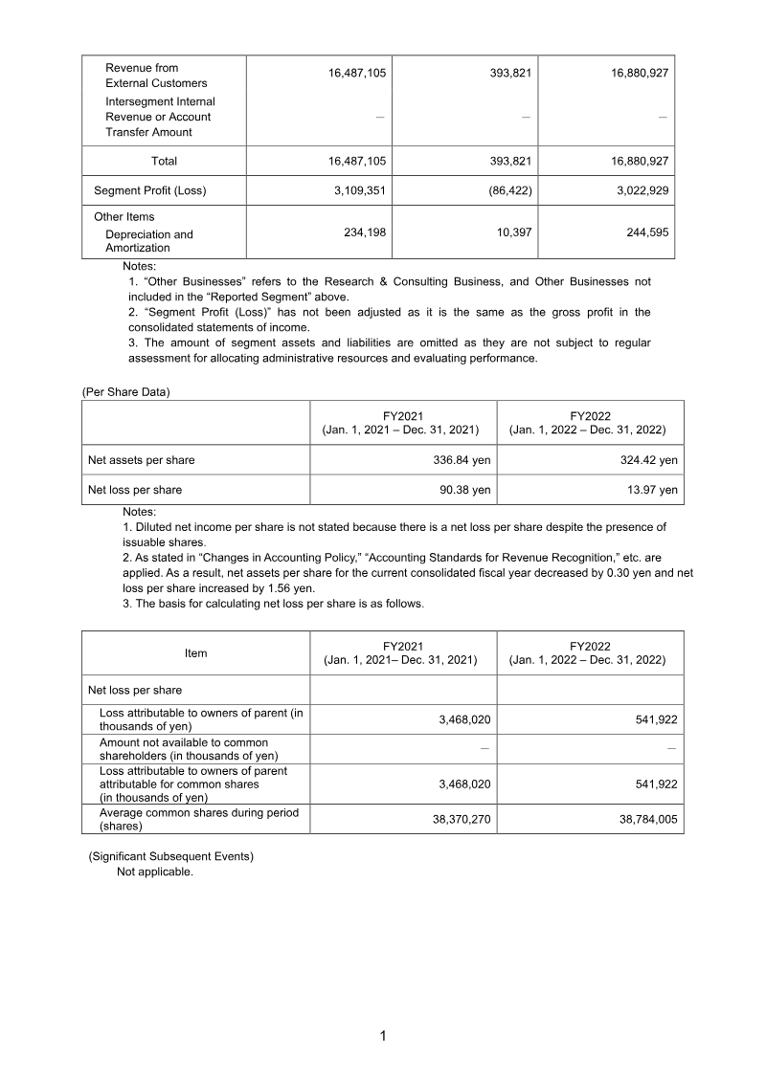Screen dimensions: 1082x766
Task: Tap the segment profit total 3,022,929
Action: [640, 190]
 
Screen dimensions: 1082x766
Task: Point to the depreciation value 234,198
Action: [364, 232]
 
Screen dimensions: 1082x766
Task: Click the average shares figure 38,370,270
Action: [454, 820]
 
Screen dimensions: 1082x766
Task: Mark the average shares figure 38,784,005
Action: [640, 820]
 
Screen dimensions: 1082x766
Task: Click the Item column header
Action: [195, 653]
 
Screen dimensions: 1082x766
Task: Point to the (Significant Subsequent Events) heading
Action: [170, 856]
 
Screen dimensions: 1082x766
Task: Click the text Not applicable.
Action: [155, 872]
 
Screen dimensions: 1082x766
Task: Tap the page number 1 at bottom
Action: [382, 1036]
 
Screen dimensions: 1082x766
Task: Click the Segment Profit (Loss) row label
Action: [149, 190]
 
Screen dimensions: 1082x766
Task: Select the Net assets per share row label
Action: [141, 460]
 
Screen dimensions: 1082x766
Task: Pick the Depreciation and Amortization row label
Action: [148, 241]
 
